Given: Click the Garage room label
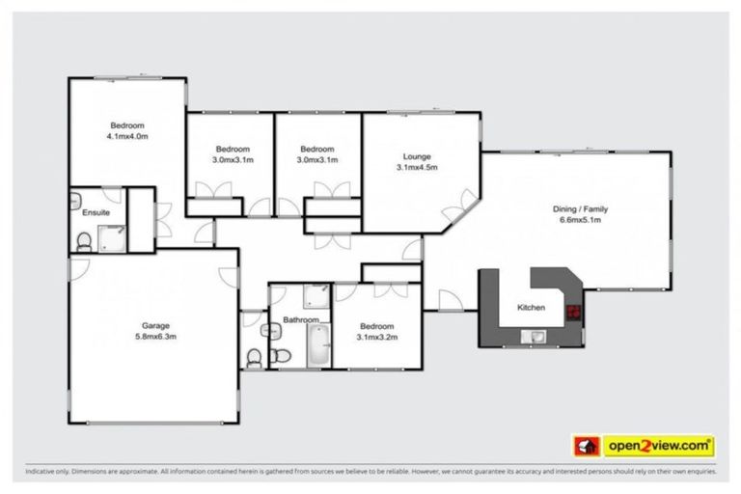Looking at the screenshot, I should pos(154,324).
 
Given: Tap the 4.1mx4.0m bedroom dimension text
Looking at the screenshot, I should pos(127,137).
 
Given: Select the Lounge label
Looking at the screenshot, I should pos(417,155).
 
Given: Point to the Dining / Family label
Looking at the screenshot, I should pos(579,208).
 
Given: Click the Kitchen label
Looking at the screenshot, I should pos(531,307).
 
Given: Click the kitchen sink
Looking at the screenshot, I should pos(532,336).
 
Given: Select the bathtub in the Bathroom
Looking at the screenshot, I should pos(318,345).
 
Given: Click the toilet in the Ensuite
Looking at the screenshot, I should pos(84,240).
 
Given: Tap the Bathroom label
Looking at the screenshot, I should pos(301,319).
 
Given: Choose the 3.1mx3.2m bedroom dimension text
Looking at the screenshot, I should pos(377,337).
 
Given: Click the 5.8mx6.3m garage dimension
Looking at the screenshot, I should pos(154,337).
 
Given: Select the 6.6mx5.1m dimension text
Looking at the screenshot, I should pos(579,220).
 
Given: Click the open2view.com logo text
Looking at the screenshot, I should pos(659,446).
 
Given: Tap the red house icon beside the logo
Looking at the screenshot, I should pos(587,446).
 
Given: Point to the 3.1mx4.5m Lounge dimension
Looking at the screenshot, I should pos(417,167).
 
